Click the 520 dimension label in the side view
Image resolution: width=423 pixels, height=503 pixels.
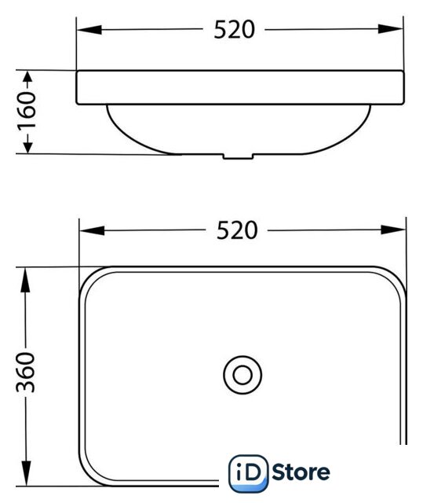click(x=234, y=30)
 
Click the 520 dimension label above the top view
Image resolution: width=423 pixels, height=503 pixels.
click(x=237, y=230)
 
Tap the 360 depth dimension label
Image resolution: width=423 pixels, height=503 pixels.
click(x=26, y=372)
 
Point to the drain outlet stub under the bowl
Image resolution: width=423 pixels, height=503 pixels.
click(x=239, y=156)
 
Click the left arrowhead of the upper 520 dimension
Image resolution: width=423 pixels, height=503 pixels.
click(x=89, y=30)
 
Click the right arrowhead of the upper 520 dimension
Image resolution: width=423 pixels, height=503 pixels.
click(x=390, y=29)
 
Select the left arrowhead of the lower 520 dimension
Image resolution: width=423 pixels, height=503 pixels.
click(x=93, y=230)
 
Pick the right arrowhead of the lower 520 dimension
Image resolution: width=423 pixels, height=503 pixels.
click(x=393, y=229)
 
